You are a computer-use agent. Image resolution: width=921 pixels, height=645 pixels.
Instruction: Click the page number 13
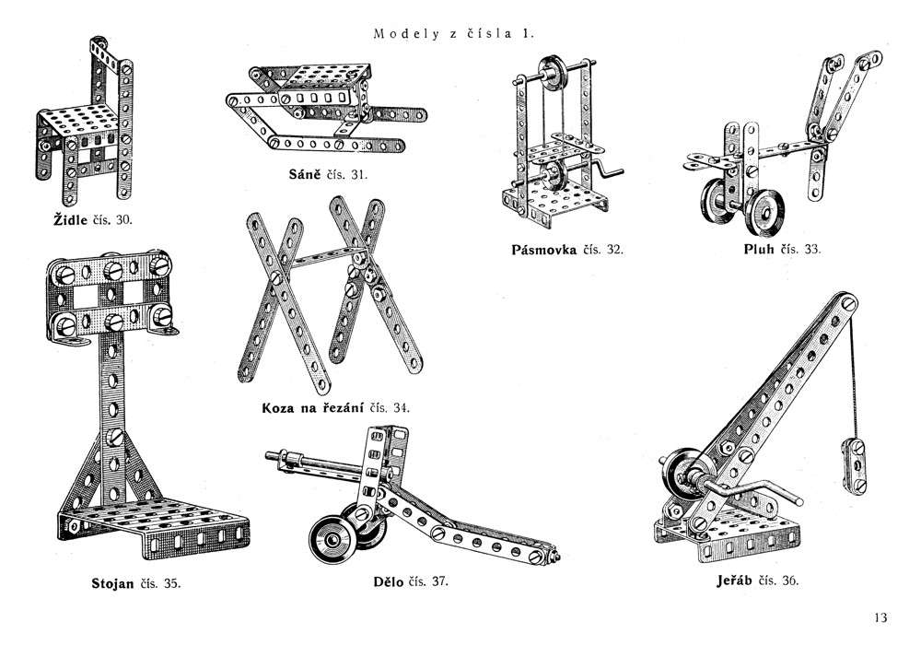click(880, 617)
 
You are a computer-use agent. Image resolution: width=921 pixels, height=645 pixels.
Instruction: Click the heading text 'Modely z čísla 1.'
click(454, 34)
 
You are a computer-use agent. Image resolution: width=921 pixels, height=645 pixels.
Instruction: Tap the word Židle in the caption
click(72, 220)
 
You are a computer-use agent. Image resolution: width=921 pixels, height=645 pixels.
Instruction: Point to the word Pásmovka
click(543, 250)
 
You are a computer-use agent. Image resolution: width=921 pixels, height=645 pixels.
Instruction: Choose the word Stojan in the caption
click(113, 583)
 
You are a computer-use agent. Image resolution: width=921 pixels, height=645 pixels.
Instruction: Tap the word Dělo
click(390, 581)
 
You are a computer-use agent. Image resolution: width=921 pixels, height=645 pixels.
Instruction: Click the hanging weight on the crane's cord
click(853, 468)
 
